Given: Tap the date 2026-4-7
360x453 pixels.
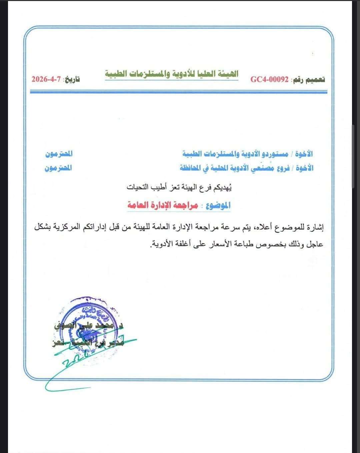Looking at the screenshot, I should (x=46, y=80).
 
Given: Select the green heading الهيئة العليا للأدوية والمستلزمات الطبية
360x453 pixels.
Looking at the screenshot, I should (x=172, y=74).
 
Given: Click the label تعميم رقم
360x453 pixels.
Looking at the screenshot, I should (x=309, y=80).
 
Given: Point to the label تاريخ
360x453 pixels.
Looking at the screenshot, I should (x=72, y=80).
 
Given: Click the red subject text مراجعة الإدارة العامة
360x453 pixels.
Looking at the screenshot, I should (x=163, y=205).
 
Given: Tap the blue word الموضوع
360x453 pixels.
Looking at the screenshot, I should (x=218, y=205).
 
